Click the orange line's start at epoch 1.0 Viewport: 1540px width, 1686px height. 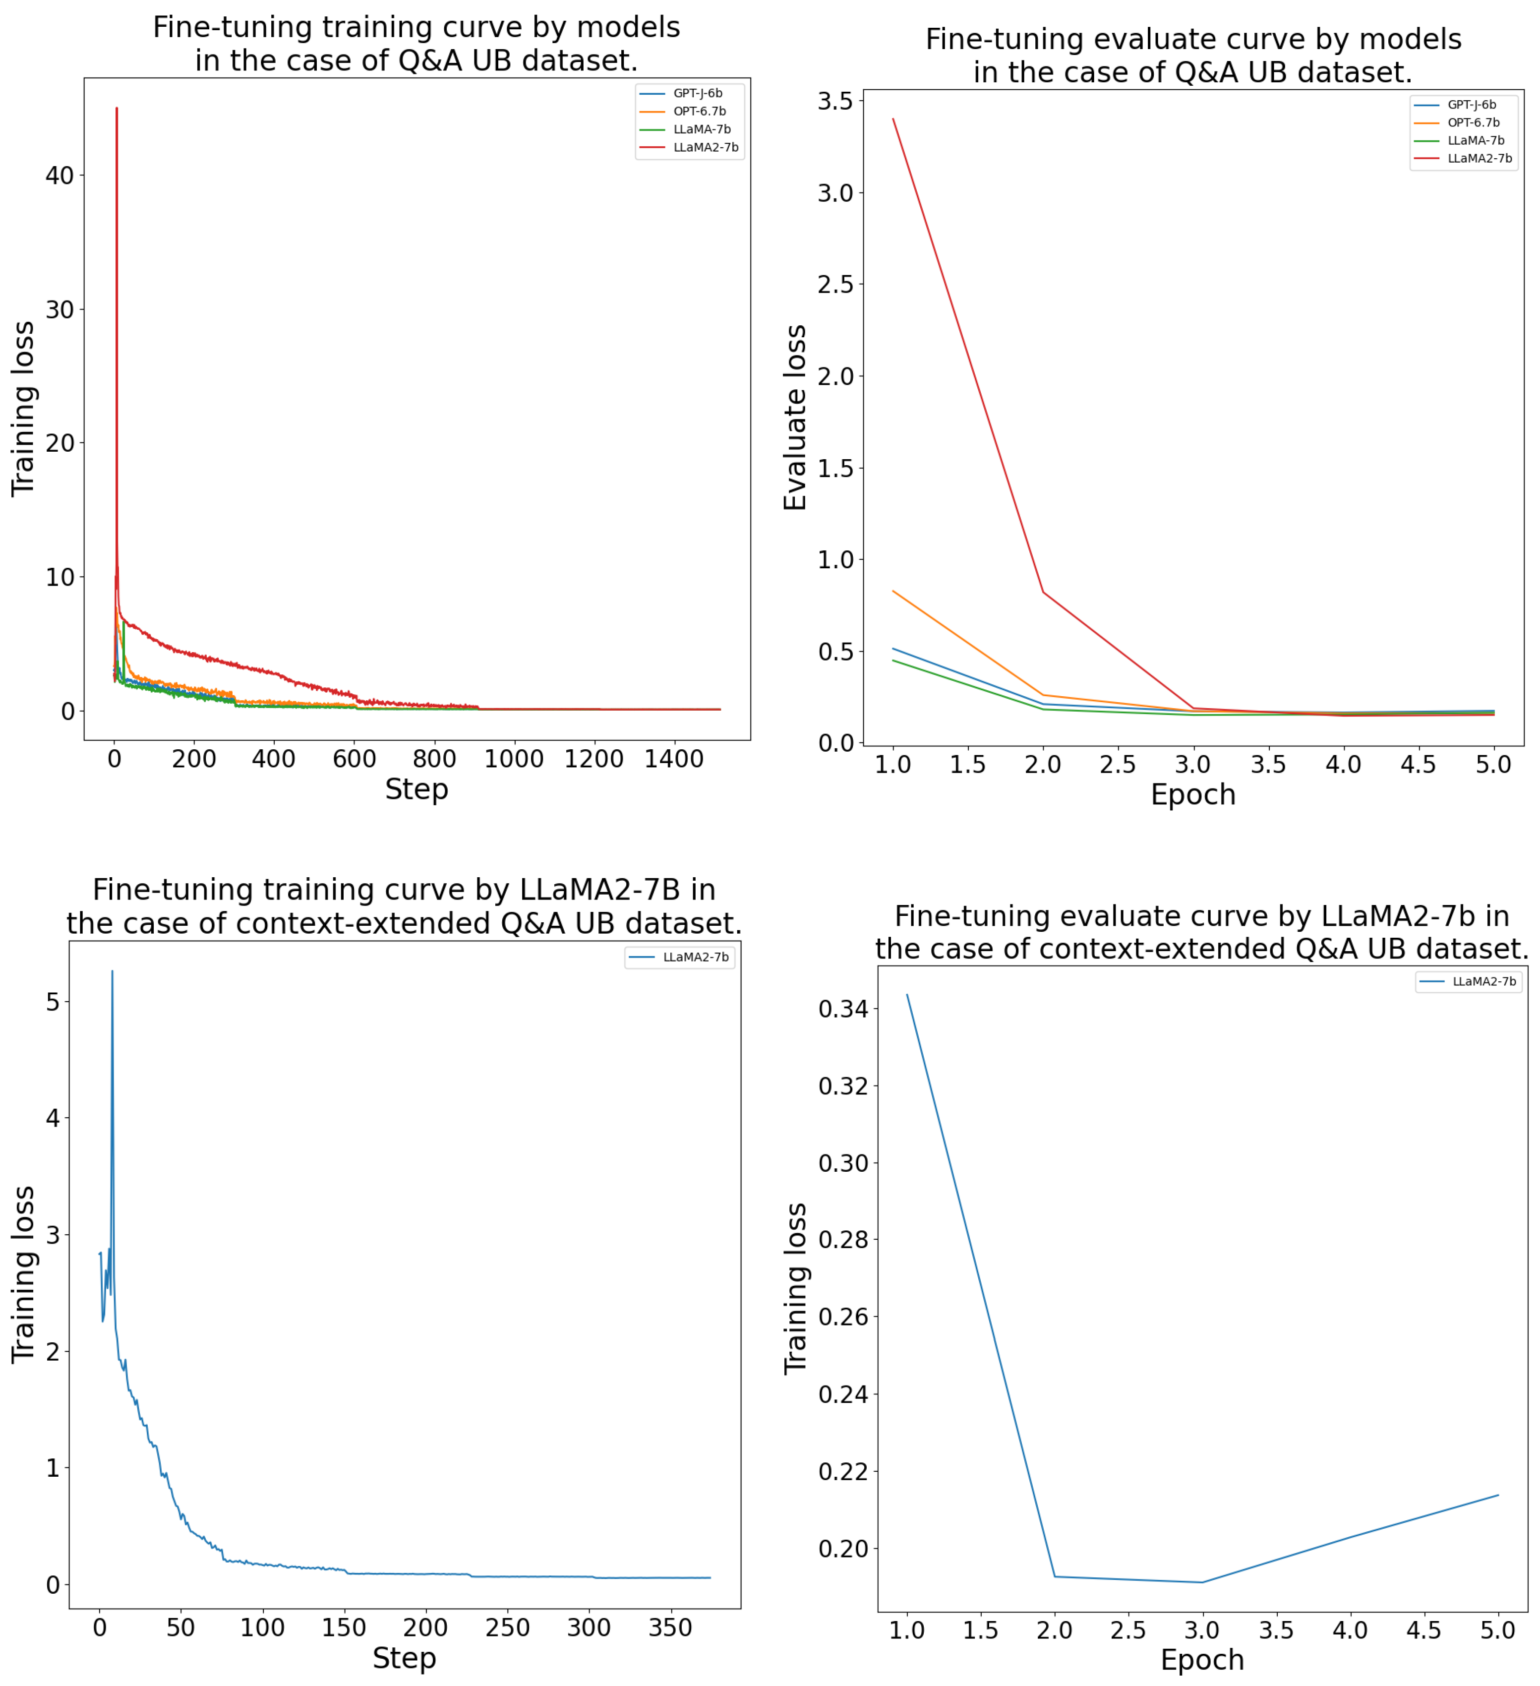click(893, 591)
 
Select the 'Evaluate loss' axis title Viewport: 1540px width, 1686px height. click(795, 418)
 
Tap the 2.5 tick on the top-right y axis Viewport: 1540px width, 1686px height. click(836, 284)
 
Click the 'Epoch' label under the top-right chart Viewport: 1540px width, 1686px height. click(1192, 794)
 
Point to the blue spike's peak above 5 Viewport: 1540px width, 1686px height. click(112, 972)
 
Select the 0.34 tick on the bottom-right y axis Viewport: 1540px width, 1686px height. click(843, 1010)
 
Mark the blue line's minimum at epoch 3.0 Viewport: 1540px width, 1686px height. click(1202, 1582)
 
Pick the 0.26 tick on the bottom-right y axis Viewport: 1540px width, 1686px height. click(843, 1317)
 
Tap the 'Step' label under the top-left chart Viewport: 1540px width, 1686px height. click(416, 789)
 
